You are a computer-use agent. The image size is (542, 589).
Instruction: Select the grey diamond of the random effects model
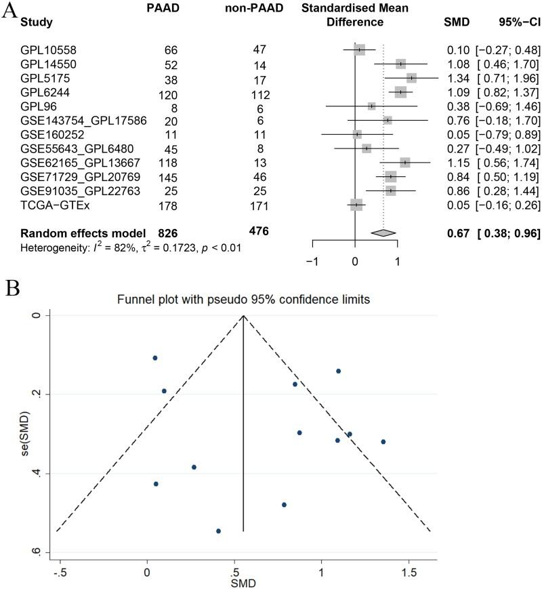pyautogui.click(x=384, y=232)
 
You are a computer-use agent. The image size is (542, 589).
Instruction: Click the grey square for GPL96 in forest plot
pyautogui.click(x=371, y=106)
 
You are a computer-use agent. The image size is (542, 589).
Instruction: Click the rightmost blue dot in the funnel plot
pyautogui.click(x=383, y=441)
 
